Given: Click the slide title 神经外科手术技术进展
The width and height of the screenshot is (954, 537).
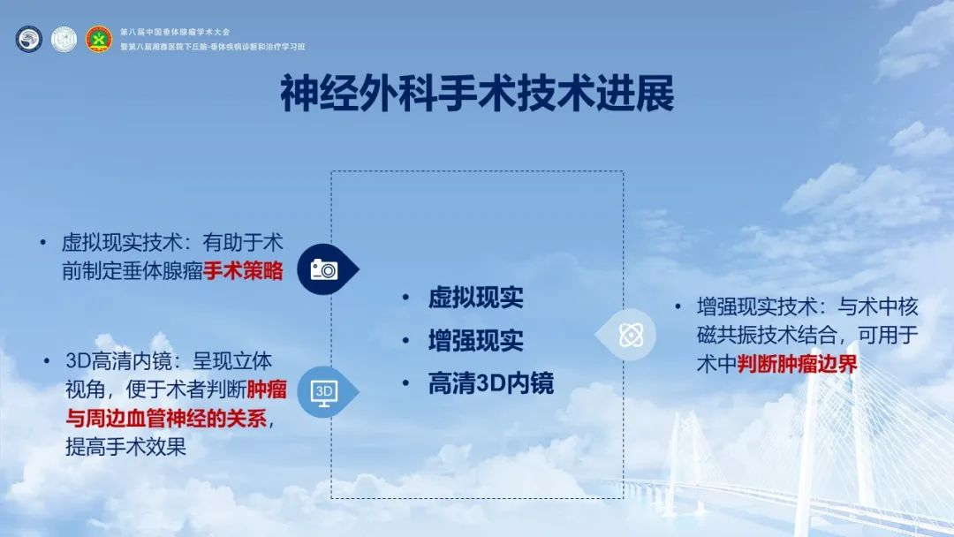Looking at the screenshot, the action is pyautogui.click(x=477, y=94).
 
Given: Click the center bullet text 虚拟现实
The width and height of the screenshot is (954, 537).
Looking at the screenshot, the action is pyautogui.click(x=476, y=298).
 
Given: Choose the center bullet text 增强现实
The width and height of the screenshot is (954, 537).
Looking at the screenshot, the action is pyautogui.click(x=476, y=341).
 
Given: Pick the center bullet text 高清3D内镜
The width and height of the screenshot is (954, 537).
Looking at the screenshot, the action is pyautogui.click(x=491, y=383).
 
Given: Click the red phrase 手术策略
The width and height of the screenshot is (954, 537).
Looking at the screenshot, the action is pyautogui.click(x=243, y=270).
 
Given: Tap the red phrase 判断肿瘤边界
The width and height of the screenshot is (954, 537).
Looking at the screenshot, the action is pyautogui.click(x=797, y=364).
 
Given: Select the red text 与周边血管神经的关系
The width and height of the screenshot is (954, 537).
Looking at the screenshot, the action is pyautogui.click(x=166, y=419).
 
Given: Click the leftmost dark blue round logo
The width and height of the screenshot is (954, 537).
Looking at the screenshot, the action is pyautogui.click(x=29, y=40).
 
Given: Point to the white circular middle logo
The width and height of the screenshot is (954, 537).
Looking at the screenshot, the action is pyautogui.click(x=64, y=40).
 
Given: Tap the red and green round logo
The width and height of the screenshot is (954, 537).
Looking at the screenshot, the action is pyautogui.click(x=99, y=40).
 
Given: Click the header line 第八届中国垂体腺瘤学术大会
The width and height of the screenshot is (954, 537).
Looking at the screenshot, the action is pyautogui.click(x=175, y=32).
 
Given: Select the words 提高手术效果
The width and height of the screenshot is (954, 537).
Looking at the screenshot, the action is pyautogui.click(x=126, y=447).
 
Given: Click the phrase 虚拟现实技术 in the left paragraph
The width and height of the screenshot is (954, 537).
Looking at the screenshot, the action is pyautogui.click(x=122, y=243).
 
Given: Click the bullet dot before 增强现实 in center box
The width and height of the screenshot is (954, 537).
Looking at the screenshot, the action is pyautogui.click(x=405, y=341).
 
